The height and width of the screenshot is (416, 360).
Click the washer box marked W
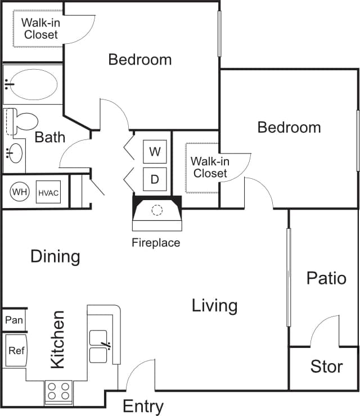pyautogui.click(x=155, y=151)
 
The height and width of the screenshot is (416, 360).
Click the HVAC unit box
pyautogui.click(x=48, y=192)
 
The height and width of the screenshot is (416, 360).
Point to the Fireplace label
pyautogui.click(x=156, y=243)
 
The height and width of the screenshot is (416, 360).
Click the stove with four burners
pyautogui.click(x=58, y=391)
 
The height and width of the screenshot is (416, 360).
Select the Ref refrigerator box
pyautogui.click(x=16, y=350)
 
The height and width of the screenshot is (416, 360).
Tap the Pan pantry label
pyautogui.click(x=13, y=320)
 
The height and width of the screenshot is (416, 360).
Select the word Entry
pyautogui.click(x=143, y=406)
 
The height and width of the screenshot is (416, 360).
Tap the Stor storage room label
pyautogui.click(x=326, y=367)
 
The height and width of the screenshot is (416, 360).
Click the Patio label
pyautogui.click(x=326, y=278)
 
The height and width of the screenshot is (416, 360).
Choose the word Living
pyautogui.click(x=214, y=306)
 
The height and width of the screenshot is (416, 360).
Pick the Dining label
pyautogui.click(x=55, y=257)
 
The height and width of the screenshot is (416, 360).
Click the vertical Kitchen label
pyautogui.click(x=57, y=340)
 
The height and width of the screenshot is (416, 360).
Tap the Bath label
pyautogui.click(x=50, y=137)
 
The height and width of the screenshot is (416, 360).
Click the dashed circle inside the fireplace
pyautogui.click(x=157, y=210)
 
